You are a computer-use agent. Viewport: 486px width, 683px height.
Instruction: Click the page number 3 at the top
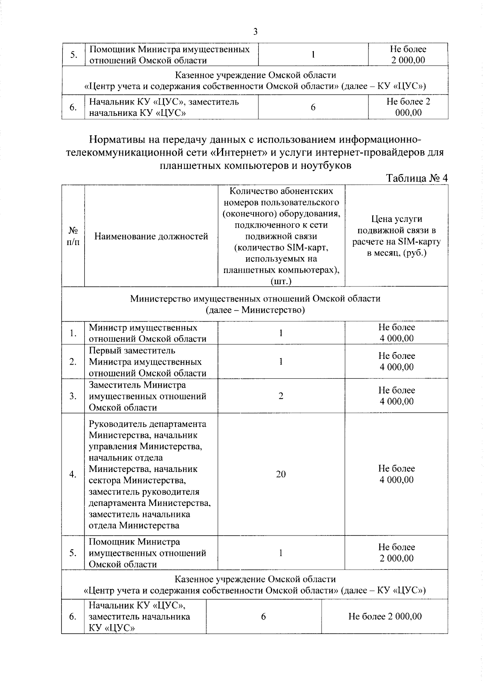(x=255, y=32)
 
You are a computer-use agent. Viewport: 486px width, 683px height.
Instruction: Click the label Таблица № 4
(x=417, y=178)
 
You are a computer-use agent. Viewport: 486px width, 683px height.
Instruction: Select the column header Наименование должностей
(x=151, y=236)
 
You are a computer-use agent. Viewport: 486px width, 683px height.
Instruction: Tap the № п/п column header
(x=73, y=236)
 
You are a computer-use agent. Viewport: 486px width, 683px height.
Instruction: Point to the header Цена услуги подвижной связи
(x=396, y=236)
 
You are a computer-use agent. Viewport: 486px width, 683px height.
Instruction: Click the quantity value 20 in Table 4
(x=281, y=474)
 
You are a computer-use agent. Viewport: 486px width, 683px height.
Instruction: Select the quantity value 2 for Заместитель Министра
(x=281, y=396)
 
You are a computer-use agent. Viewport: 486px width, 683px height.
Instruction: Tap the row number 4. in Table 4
(x=73, y=474)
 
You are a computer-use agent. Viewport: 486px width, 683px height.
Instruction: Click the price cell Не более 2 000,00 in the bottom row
(x=385, y=616)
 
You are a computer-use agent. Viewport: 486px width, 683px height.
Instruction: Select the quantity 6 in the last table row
(x=263, y=616)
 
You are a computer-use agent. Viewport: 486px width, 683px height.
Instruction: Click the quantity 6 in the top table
(x=313, y=107)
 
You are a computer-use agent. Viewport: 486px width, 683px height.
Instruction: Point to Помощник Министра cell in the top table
(x=169, y=55)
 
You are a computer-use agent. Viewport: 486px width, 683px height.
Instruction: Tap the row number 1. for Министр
(x=73, y=333)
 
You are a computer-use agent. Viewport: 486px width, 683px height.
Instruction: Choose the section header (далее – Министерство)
(x=255, y=310)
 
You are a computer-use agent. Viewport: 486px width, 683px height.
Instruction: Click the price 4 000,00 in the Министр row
(x=396, y=338)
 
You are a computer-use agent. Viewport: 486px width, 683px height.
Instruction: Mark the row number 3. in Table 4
(x=73, y=396)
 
